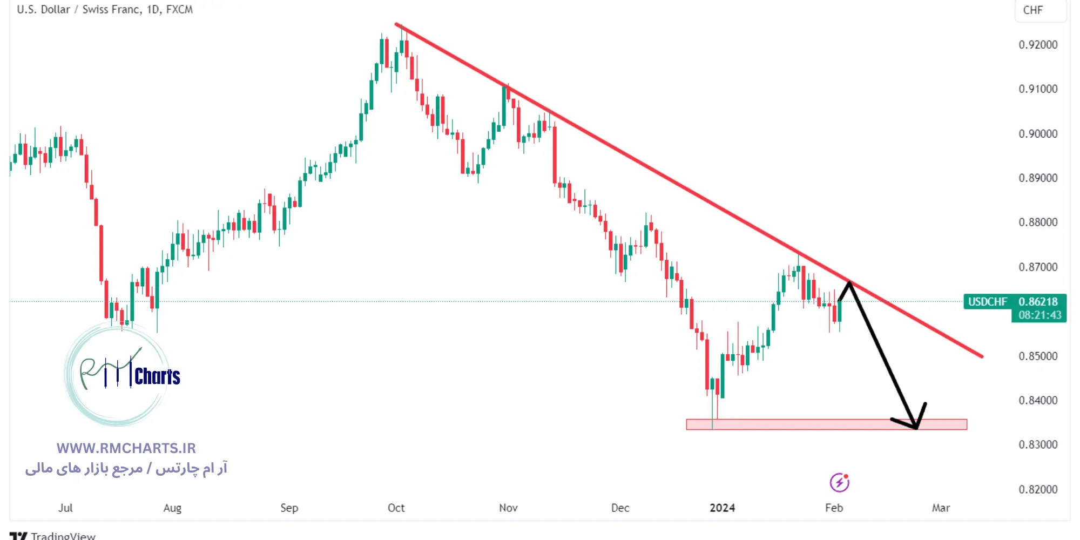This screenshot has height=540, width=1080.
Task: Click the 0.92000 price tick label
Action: pyautogui.click(x=1037, y=45)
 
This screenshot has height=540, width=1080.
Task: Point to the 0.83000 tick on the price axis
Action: pyautogui.click(x=1037, y=445)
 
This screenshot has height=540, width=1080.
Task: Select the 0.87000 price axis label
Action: pyautogui.click(x=1037, y=267)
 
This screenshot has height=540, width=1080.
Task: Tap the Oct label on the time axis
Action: pyautogui.click(x=396, y=508)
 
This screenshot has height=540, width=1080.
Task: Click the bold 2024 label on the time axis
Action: pyautogui.click(x=722, y=508)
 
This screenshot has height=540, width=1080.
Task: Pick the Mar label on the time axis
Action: pyautogui.click(x=941, y=508)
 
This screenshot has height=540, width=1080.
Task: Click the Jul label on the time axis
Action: pyautogui.click(x=65, y=508)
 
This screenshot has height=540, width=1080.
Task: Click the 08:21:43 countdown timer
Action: pyautogui.click(x=1039, y=315)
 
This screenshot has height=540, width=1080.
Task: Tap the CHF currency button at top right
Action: pyautogui.click(x=1033, y=10)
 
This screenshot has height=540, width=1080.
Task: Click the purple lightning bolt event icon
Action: pyautogui.click(x=839, y=482)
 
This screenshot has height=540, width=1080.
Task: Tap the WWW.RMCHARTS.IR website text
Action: pyautogui.click(x=126, y=448)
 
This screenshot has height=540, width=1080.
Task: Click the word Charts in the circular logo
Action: pyautogui.click(x=157, y=376)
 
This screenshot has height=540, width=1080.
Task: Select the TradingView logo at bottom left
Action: pyautogui.click(x=52, y=535)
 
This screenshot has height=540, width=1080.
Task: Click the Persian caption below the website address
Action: pyautogui.click(x=126, y=468)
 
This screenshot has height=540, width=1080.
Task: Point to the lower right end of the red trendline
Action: pyautogui.click(x=981, y=356)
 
